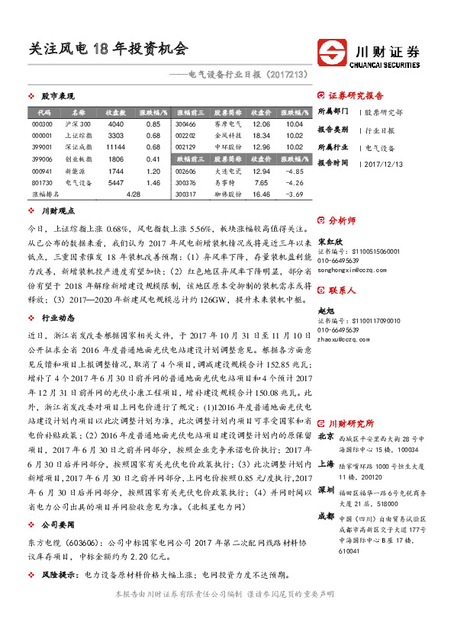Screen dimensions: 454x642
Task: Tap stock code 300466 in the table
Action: (186, 124)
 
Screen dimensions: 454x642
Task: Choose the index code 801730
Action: (43, 183)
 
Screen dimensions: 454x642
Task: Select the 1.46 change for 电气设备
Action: (152, 183)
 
